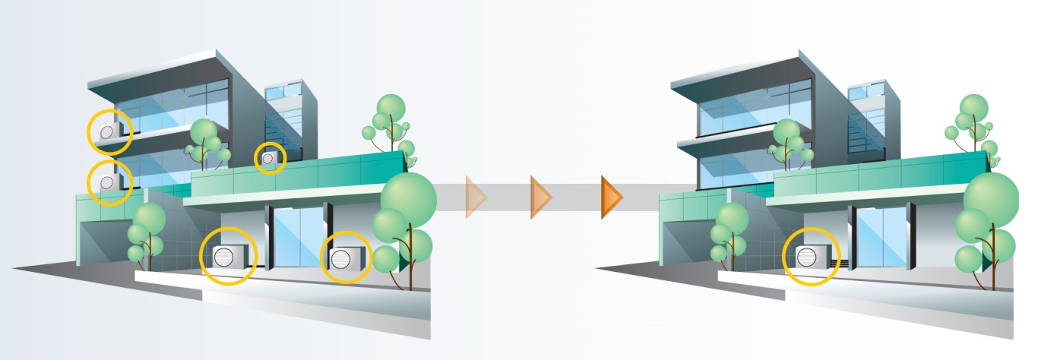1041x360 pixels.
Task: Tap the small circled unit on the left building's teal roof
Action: pyautogui.click(x=269, y=158)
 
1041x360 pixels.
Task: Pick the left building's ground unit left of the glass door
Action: pyautogui.click(x=226, y=257)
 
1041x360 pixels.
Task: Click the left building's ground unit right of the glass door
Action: pyautogui.click(x=346, y=257)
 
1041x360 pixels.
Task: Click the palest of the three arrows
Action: pyautogui.click(x=476, y=197)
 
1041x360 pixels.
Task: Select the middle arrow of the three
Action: pyautogui.click(x=540, y=197)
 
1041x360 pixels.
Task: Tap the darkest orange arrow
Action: pyautogui.click(x=612, y=197)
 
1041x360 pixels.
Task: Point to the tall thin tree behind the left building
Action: pyautogui.click(x=391, y=125)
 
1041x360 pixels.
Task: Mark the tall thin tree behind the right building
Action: pyautogui.click(x=973, y=125)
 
